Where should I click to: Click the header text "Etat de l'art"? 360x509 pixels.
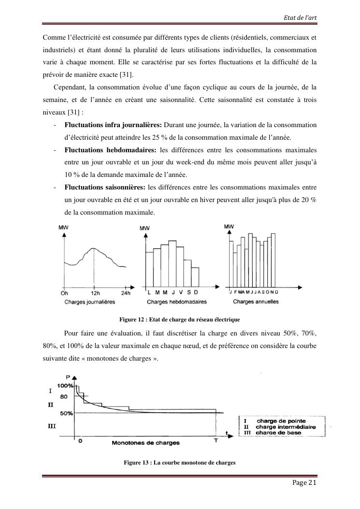[x=302, y=18]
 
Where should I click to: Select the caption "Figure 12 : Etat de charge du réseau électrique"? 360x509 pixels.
[x=179, y=320]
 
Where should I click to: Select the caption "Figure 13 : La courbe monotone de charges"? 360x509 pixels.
[x=179, y=463]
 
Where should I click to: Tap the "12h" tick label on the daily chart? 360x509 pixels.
[x=95, y=293]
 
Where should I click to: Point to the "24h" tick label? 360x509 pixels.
[x=126, y=293]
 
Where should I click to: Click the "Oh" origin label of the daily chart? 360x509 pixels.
[x=64, y=293]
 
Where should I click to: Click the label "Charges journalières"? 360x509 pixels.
[x=89, y=302]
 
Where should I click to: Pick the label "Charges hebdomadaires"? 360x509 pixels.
[x=176, y=302]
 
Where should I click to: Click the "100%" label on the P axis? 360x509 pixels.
[x=65, y=386]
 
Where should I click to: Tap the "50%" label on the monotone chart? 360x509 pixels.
[x=67, y=413]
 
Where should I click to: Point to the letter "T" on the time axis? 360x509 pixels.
[x=216, y=441]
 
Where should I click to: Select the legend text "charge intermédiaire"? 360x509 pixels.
[x=286, y=427]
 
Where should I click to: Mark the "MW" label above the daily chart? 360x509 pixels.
[x=63, y=227]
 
